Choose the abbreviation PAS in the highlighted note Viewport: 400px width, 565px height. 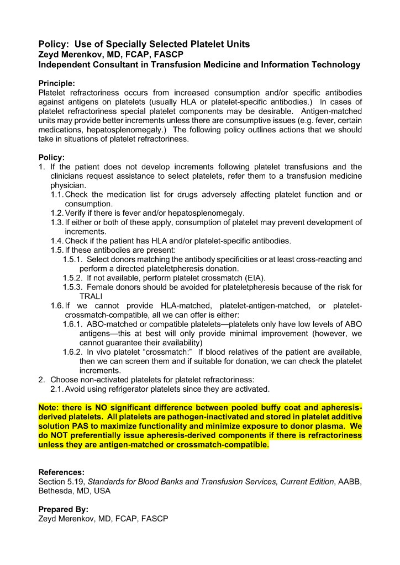[x=77, y=427]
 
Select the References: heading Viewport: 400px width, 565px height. [x=61, y=472]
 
